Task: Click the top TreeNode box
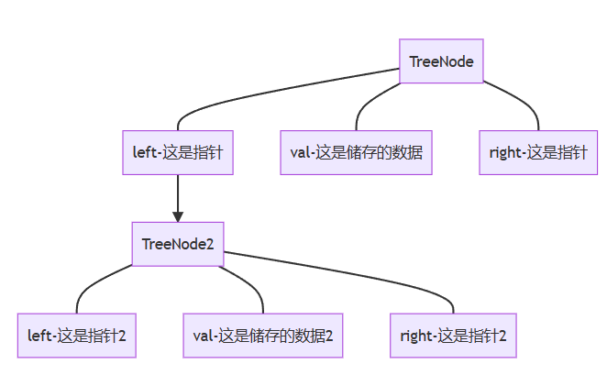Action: click(441, 61)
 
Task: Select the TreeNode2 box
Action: click(178, 244)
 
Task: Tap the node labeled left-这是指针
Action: click(178, 152)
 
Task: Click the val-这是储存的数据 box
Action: click(356, 152)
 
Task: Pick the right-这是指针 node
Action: click(538, 152)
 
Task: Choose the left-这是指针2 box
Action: click(77, 336)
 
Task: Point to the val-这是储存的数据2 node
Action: click(262, 336)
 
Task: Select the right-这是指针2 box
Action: click(453, 336)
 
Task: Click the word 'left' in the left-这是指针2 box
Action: click(39, 336)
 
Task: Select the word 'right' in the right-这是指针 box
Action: click(505, 152)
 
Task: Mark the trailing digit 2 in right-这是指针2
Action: click(502, 336)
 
